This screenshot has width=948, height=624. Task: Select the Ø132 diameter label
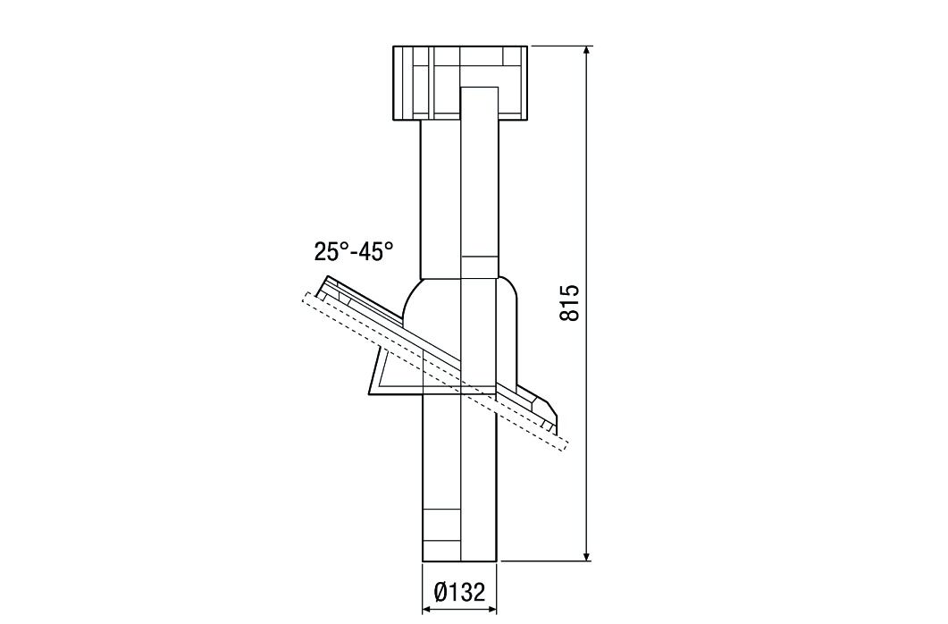click(x=459, y=592)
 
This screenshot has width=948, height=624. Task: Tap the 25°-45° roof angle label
click(x=353, y=251)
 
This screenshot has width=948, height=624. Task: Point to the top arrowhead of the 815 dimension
click(x=587, y=51)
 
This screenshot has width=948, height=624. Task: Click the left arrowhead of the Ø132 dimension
click(x=425, y=610)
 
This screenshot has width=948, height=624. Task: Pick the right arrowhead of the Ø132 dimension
click(x=494, y=610)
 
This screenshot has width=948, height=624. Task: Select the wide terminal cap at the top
click(x=459, y=82)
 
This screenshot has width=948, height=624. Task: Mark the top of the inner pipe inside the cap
click(x=478, y=89)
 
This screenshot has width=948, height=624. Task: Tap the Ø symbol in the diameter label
click(x=440, y=592)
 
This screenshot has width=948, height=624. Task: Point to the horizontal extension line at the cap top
click(x=558, y=46)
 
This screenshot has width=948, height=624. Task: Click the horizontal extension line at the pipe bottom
click(x=545, y=561)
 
